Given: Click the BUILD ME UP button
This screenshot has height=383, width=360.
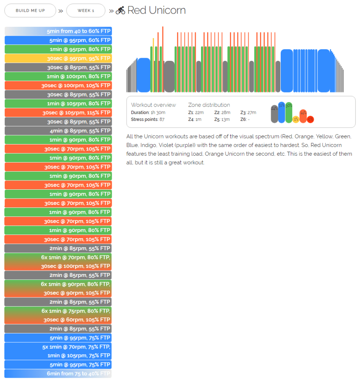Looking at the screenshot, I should click(x=30, y=10).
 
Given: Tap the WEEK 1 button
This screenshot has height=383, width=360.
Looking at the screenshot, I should click(x=85, y=10).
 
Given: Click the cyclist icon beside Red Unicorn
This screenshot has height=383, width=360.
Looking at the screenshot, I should click(x=120, y=11).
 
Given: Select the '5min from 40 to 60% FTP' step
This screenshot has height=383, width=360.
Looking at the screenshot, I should click(x=58, y=31).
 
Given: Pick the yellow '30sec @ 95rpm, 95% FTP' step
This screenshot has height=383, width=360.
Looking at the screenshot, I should click(x=58, y=58).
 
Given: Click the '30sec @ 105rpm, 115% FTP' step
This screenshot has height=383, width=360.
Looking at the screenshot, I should click(x=58, y=113).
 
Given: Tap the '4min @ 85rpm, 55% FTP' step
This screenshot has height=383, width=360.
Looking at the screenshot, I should click(x=58, y=131).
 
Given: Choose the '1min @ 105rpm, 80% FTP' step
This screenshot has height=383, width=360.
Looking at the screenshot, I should click(x=58, y=104).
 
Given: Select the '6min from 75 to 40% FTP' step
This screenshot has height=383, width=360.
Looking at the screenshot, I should click(x=58, y=373).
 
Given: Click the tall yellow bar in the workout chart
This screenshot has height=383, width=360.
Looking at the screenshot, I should click(x=153, y=64).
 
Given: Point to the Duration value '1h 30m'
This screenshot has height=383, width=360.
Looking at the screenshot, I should click(x=158, y=112).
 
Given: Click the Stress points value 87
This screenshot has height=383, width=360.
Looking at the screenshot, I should click(x=162, y=119).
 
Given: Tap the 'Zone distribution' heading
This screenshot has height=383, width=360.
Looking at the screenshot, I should click(x=209, y=105).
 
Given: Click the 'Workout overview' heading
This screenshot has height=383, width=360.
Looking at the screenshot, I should click(x=153, y=105).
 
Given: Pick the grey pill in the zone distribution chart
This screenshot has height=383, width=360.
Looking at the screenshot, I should click(x=274, y=114).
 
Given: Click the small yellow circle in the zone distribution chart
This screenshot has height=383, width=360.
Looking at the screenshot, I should click(x=296, y=119).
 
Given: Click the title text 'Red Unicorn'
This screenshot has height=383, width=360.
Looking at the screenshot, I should click(x=157, y=10).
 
